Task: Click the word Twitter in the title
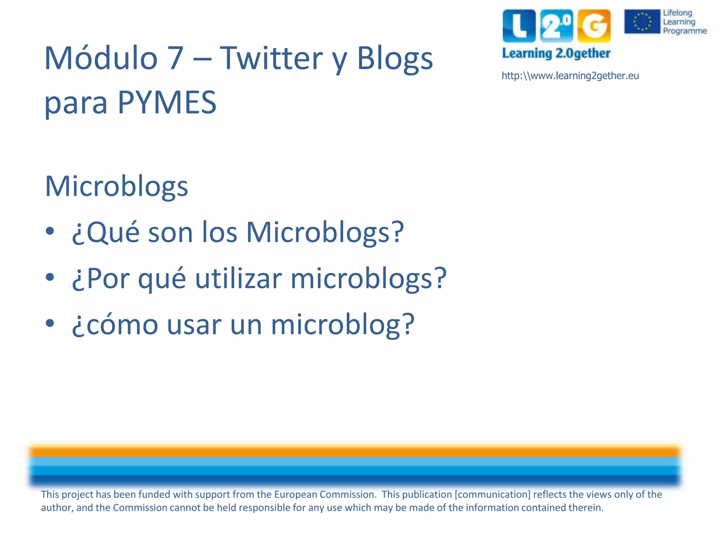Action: [271, 58]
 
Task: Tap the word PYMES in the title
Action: [167, 103]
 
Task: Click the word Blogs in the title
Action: [395, 58]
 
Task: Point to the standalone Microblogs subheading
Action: [117, 186]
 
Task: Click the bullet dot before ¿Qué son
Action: [50, 231]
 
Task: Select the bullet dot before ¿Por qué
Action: [50, 277]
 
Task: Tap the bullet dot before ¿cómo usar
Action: [50, 323]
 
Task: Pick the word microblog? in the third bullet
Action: [343, 325]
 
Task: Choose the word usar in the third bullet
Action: [194, 325]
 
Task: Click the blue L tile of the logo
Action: [519, 26]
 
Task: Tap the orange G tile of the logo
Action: [594, 26]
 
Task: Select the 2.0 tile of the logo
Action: [557, 26]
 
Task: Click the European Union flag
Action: [642, 21]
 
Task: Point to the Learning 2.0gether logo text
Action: [556, 53]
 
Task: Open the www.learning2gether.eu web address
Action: [570, 76]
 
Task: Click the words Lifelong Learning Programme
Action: [684, 22]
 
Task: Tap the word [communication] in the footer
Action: [492, 495]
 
